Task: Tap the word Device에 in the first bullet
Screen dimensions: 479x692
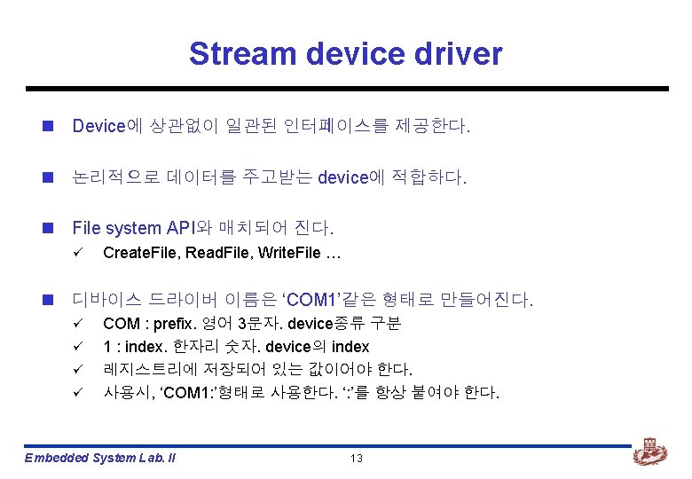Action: [x=99, y=127]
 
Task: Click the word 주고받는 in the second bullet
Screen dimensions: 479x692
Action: [x=276, y=177]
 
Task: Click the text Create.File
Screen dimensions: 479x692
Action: [x=140, y=253]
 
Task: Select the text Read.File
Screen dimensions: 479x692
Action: [x=216, y=253]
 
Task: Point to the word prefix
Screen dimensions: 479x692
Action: [x=174, y=323]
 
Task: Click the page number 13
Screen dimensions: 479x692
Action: [x=357, y=459]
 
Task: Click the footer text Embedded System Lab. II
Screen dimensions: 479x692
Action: [x=100, y=459]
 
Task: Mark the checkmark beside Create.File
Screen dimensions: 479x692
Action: [x=77, y=253]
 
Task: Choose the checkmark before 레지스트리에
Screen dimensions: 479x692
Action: [x=77, y=369]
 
